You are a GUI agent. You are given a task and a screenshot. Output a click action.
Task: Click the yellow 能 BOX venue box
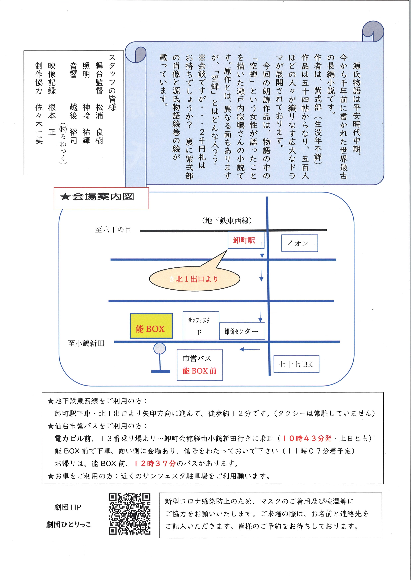pos(151,326)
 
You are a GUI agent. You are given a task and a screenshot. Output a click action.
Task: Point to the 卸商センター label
pos(242,331)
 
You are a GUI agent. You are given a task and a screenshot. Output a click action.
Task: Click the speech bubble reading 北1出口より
pos(194,279)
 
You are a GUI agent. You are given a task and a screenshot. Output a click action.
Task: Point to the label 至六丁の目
pos(113,230)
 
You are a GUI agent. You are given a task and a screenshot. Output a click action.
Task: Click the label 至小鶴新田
pos(86,343)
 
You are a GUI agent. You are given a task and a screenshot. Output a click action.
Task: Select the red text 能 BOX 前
pos(199,371)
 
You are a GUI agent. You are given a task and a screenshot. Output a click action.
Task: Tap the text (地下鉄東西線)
pos(227,220)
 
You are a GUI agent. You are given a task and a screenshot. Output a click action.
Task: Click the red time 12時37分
pos(155,463)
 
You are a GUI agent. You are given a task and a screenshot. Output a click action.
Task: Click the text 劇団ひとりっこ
pos(68,525)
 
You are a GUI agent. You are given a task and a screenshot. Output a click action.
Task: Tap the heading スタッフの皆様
pos(112,83)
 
